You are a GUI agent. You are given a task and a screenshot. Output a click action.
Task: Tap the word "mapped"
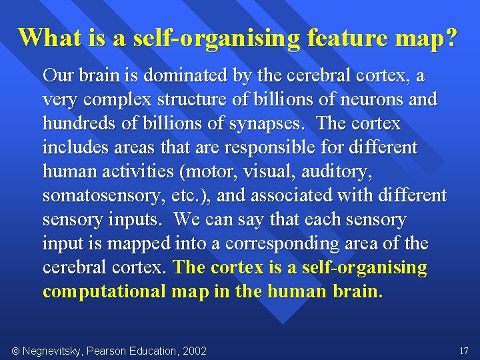[x=133, y=243]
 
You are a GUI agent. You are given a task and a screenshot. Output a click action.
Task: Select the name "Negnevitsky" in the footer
[x=53, y=351]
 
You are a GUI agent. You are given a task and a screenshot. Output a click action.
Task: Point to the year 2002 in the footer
[x=194, y=351]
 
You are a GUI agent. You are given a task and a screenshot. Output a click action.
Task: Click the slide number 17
[x=464, y=350]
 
